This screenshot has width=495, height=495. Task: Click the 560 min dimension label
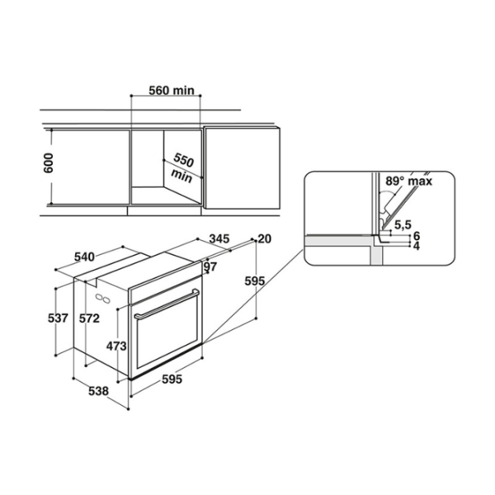[172, 91]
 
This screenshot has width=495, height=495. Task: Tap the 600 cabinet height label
[49, 163]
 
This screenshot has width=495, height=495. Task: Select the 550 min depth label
[182, 168]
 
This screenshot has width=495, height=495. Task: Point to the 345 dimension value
[219, 238]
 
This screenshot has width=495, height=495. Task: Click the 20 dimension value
[265, 239]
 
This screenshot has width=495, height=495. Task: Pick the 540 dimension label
[84, 257]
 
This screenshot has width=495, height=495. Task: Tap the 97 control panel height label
[210, 266]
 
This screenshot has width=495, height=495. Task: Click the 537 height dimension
[58, 318]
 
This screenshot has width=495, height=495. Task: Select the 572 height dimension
[89, 318]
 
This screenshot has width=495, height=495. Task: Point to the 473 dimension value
[116, 346]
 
